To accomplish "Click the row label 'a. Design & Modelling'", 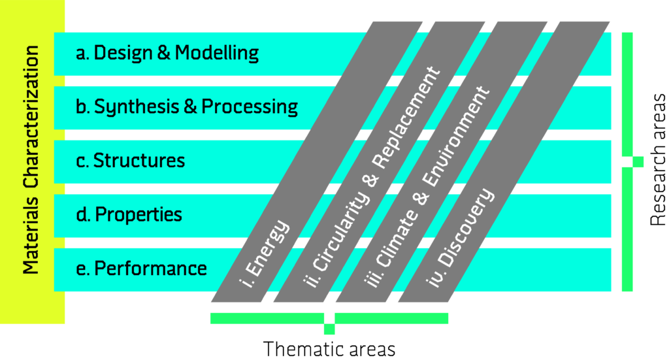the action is pos(167,53).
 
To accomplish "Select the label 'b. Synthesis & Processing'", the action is pos(187,106).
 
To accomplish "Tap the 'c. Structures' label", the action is pos(131,160).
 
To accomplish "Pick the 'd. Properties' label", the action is pos(129,214).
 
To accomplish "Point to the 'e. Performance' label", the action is pos(141,269).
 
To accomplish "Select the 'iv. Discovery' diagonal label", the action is pos(461,238).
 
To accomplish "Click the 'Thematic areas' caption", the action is pos(329,349).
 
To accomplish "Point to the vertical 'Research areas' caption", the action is pos(657,159).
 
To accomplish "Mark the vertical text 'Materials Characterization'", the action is pos(31,159).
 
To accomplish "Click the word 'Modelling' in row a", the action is pos(217,53).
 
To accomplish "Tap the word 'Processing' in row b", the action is pos(250,106).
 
